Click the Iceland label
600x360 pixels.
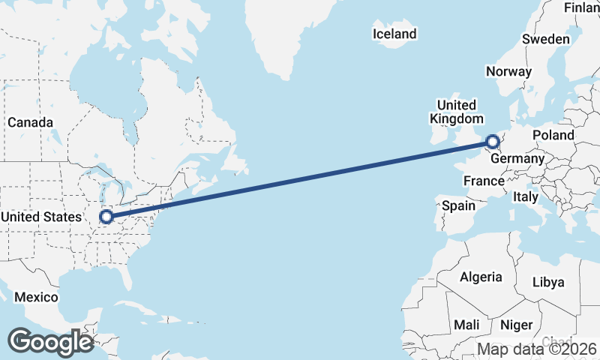point(394,34)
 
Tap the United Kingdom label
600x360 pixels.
point(456,112)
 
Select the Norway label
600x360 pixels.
point(508,71)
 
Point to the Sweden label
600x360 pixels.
point(546,39)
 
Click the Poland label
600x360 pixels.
point(553,136)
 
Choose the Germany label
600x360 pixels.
point(517,159)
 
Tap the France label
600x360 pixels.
point(484,181)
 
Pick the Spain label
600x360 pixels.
point(459,205)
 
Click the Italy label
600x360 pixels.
point(526,196)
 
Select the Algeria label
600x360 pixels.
point(481,277)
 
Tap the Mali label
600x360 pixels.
point(466,325)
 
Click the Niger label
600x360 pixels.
point(516,325)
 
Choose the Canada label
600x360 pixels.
point(30,122)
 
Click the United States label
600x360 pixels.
point(40,217)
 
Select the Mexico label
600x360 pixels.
point(36,297)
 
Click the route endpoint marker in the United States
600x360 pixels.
point(106,217)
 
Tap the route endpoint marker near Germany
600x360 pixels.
point(493,141)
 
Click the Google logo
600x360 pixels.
point(50,341)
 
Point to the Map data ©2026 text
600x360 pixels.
point(537,349)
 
